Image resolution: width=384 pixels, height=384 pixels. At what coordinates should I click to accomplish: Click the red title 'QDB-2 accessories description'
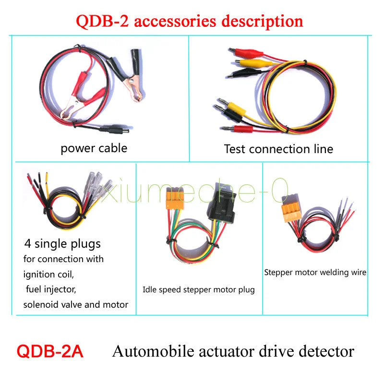pyautogui.click(x=189, y=22)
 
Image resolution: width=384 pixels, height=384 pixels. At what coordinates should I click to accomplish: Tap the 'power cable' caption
pyautogui.click(x=94, y=148)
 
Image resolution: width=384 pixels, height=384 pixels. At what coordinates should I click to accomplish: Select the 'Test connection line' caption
pyautogui.click(x=278, y=149)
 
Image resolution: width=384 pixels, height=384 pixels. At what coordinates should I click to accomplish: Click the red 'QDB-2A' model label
pyautogui.click(x=50, y=351)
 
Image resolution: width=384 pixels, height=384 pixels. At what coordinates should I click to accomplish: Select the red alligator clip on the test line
pyautogui.click(x=246, y=53)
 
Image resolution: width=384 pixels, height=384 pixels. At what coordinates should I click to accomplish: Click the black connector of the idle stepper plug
pyautogui.click(x=222, y=202)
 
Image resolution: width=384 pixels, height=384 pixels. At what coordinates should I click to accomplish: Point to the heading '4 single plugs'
pyautogui.click(x=62, y=244)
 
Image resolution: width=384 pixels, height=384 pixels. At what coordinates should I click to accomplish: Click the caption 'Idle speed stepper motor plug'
pyautogui.click(x=199, y=290)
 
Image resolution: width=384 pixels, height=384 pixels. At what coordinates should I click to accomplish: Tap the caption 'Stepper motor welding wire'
pyautogui.click(x=315, y=273)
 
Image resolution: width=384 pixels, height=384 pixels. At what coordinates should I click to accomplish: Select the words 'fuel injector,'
pyautogui.click(x=51, y=289)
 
